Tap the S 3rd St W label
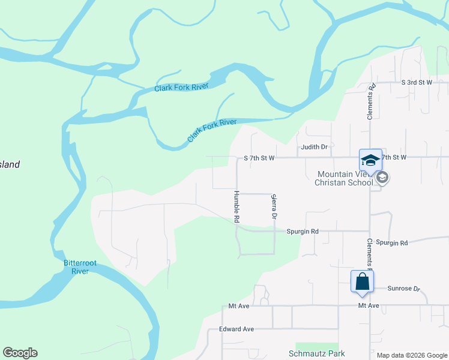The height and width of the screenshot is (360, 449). tap(417, 82)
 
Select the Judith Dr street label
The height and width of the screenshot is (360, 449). tap(314, 146)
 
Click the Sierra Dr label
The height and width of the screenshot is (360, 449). tap(274, 206)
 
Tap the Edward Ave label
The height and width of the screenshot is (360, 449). tap(237, 329)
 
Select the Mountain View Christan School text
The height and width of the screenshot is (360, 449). tap(345, 178)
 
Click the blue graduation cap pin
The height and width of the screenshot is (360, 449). tap(370, 160)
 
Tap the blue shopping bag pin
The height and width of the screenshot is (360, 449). tap(362, 281)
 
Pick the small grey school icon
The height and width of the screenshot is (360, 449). tap(382, 178)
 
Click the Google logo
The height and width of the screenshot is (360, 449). tap(20, 353)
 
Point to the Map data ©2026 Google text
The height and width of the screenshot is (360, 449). tap(412, 355)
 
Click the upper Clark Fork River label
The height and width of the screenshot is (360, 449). tap(181, 88)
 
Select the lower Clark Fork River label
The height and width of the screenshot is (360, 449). tap(212, 130)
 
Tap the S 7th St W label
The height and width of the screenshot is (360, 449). tap(259, 158)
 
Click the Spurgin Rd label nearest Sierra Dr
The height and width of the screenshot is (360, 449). tap(302, 231)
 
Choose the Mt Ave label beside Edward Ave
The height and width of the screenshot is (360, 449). tap(238, 306)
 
